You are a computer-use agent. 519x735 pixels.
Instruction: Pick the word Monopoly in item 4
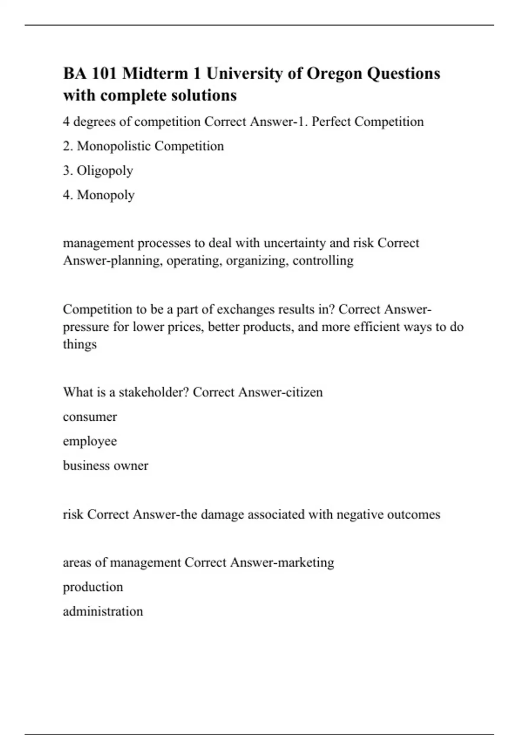(x=106, y=195)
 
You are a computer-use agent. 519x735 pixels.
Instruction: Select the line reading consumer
(x=90, y=417)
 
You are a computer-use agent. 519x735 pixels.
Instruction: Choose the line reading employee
(x=90, y=441)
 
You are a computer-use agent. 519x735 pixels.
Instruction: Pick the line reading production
(x=93, y=587)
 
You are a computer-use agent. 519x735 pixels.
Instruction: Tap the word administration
(x=103, y=611)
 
